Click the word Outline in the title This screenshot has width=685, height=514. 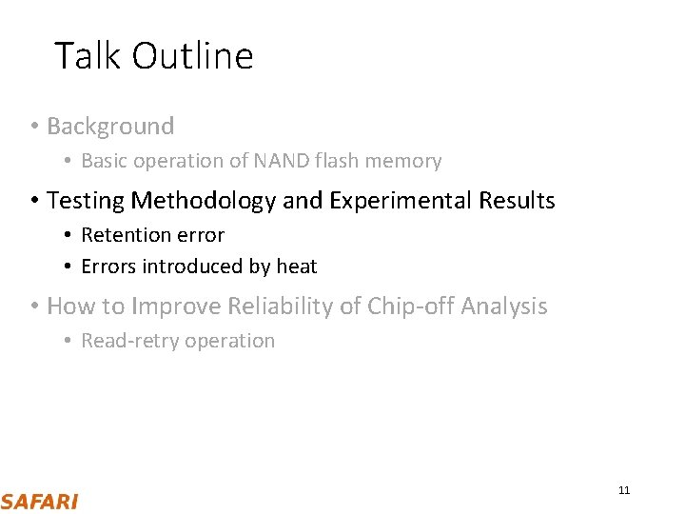click(193, 56)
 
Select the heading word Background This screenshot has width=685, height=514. click(110, 126)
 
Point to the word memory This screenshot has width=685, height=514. click(405, 161)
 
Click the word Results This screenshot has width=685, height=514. click(517, 201)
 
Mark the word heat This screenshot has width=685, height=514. click(297, 267)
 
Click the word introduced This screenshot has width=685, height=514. click(197, 267)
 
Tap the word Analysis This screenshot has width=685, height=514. click(504, 306)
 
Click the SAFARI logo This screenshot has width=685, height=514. click(40, 502)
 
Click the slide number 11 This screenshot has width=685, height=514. click(624, 490)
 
